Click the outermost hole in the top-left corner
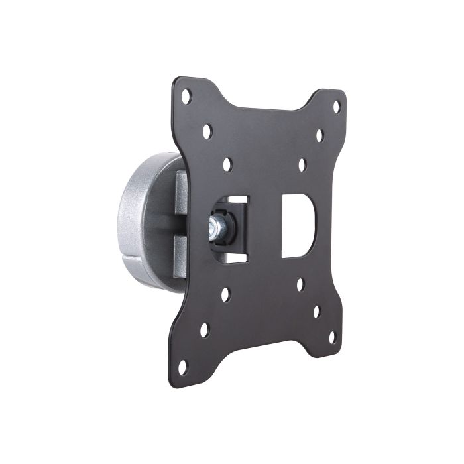pyautogui.click(x=186, y=97)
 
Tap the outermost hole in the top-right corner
pyautogui.click(x=336, y=106)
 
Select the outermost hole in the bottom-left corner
pyautogui.click(x=183, y=366)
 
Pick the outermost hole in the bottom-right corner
pyautogui.click(x=332, y=337)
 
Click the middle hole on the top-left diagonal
pyautogui.click(x=207, y=131)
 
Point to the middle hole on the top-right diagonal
pyautogui.click(x=319, y=135)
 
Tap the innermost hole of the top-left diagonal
pyautogui.click(x=227, y=164)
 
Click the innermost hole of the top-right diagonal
pyautogui.click(x=302, y=163)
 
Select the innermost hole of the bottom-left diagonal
pyautogui.click(x=225, y=294)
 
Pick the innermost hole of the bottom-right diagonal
pyautogui.click(x=300, y=284)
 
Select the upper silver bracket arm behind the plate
pyautogui.click(x=180, y=192)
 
